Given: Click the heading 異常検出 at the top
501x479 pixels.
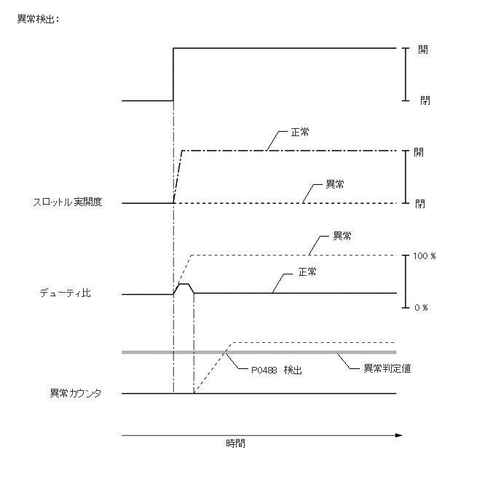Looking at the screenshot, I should (x=37, y=18).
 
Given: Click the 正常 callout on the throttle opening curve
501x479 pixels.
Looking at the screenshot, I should (x=299, y=132).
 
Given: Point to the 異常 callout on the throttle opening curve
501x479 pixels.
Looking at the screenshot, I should (x=336, y=185).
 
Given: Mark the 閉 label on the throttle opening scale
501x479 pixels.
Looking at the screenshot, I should (x=420, y=204).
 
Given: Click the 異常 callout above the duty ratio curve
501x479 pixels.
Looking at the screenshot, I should (x=342, y=236).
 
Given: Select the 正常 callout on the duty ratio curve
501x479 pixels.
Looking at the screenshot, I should (x=307, y=272).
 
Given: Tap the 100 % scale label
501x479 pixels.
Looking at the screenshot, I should (x=425, y=257).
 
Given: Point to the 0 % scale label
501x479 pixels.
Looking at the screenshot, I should (x=421, y=308).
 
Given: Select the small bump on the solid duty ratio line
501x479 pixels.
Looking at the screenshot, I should (x=184, y=286).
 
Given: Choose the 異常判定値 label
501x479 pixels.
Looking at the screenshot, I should (x=387, y=368).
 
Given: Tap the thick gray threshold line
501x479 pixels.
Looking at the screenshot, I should (x=291, y=352).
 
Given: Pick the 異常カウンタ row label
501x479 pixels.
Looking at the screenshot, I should (x=75, y=393).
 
